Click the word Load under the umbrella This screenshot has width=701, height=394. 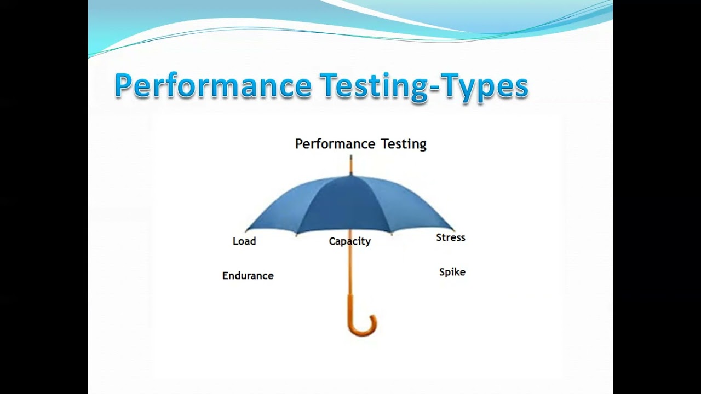[x=244, y=241]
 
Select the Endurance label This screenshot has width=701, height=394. [x=248, y=276]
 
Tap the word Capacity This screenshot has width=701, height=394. [x=349, y=241]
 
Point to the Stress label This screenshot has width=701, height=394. [x=450, y=237]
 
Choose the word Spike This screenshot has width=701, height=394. [x=452, y=272]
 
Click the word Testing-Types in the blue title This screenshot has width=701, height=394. [x=424, y=86]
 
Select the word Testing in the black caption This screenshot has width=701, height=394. [x=404, y=144]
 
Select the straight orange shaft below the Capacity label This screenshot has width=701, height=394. [x=350, y=274]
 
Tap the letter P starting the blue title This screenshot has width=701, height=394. [x=125, y=86]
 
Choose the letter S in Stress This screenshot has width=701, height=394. [x=439, y=237]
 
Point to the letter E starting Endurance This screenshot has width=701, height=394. [x=225, y=276]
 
